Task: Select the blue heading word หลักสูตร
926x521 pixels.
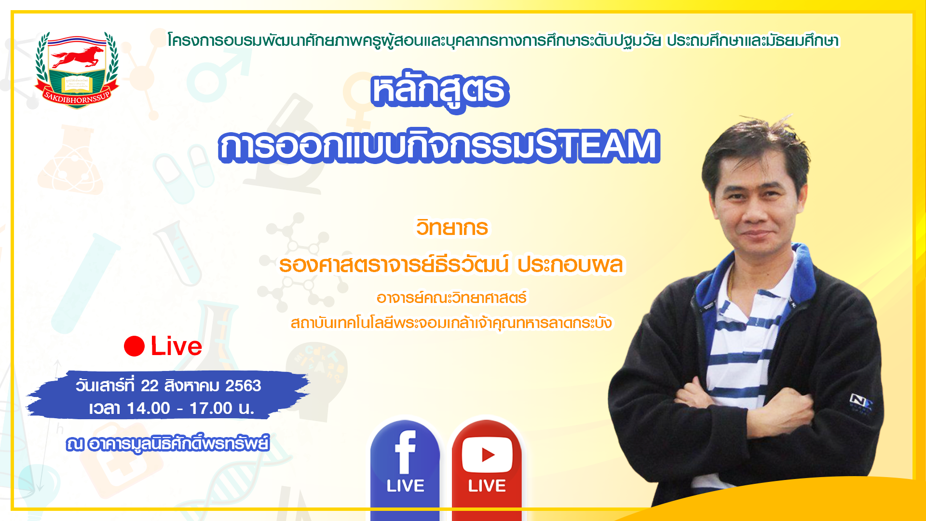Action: [x=440, y=92]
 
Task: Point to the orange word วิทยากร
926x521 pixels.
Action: [x=452, y=227]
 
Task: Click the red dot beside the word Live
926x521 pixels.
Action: [x=134, y=346]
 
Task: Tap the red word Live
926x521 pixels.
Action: [x=177, y=346]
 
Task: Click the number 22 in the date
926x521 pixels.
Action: [x=150, y=386]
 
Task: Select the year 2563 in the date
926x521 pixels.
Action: [x=243, y=386]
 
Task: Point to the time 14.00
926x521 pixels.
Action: [x=149, y=409]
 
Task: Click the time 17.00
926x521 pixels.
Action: [x=211, y=409]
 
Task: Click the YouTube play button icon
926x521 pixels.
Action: [x=487, y=454]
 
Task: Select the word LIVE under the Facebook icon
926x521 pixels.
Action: [x=405, y=486]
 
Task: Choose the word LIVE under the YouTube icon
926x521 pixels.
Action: [x=487, y=486]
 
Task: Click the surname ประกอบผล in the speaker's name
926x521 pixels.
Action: [x=570, y=265]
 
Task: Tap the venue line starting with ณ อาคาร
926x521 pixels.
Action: [x=168, y=443]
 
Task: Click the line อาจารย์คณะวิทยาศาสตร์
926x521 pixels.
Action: [x=451, y=298]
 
